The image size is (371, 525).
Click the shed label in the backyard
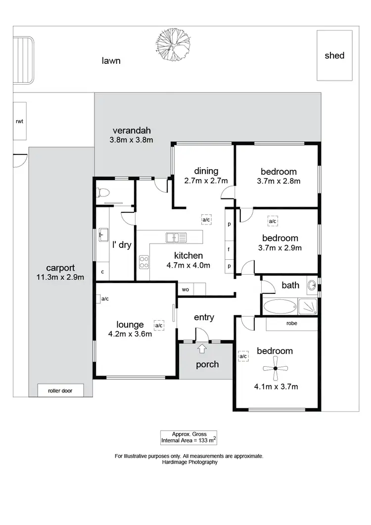tap(334, 55)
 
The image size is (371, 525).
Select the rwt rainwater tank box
tap(20, 121)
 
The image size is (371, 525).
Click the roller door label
tap(60, 390)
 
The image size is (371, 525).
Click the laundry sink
tap(103, 234)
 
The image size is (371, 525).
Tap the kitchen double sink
tap(176, 238)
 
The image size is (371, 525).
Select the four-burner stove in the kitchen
tap(144, 262)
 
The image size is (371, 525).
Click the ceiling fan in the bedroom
tap(275, 368)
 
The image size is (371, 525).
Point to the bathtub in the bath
tap(279, 307)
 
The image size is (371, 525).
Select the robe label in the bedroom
tap(292, 324)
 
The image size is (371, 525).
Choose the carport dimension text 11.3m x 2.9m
tap(60, 277)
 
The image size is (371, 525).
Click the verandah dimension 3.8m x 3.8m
tap(132, 140)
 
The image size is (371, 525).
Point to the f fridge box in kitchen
tap(229, 250)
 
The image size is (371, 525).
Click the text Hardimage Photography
tap(189, 462)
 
